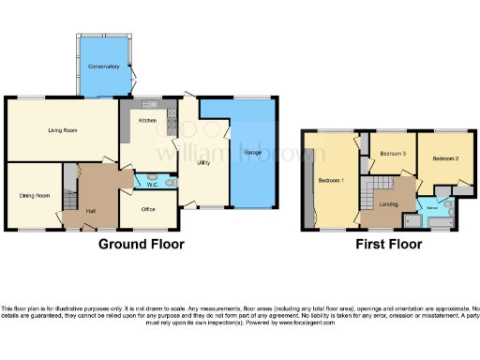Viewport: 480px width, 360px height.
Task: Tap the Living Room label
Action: pyautogui.click(x=62, y=130)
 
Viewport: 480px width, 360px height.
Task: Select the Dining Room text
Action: pyautogui.click(x=34, y=195)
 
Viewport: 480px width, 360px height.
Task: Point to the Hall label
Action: pyautogui.click(x=92, y=211)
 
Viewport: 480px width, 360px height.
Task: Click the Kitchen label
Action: pyautogui.click(x=147, y=122)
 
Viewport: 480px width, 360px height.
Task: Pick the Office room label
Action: pyautogui.click(x=147, y=209)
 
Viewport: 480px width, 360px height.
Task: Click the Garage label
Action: pyautogui.click(x=252, y=152)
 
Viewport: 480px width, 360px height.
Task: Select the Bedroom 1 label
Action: pyautogui.click(x=330, y=180)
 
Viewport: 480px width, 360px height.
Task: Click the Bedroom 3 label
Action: pyautogui.click(x=391, y=153)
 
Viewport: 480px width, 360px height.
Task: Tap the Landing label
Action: pyautogui.click(x=389, y=203)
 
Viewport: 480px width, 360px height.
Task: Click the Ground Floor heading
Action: pyautogui.click(x=142, y=244)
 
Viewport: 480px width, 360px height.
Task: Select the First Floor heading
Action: pyautogui.click(x=387, y=244)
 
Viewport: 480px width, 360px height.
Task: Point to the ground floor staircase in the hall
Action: pyautogui.click(x=68, y=198)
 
